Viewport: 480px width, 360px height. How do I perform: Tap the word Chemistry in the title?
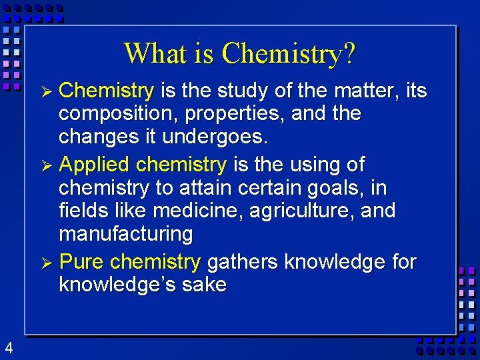[281, 53]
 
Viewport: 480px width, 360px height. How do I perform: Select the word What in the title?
[153, 53]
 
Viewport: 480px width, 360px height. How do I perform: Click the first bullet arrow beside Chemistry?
[46, 91]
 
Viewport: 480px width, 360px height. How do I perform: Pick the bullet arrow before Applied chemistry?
[46, 165]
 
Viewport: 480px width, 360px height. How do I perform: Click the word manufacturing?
[126, 235]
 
